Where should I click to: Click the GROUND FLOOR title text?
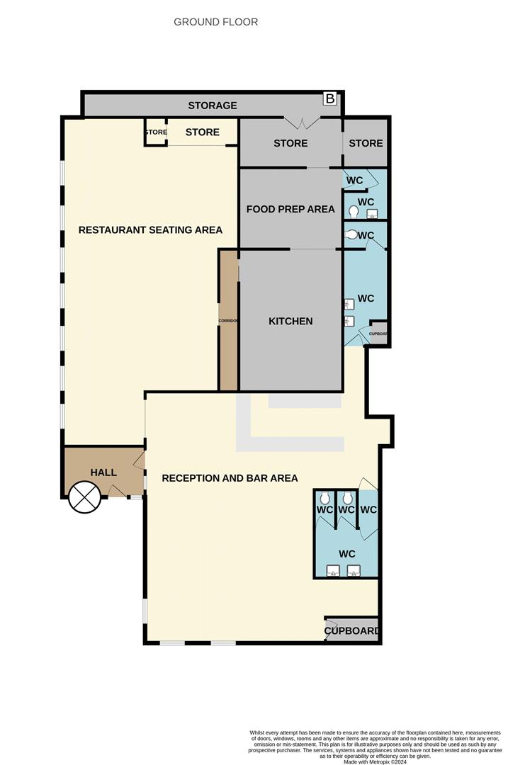[215, 22]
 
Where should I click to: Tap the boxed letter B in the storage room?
[329, 98]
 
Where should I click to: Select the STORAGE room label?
[212, 106]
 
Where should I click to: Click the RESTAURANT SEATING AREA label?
[150, 229]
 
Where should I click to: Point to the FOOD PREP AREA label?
[290, 209]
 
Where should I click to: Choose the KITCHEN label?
[290, 321]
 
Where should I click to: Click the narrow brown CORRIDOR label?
[228, 321]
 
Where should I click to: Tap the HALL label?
[103, 472]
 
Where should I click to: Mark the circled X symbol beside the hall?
[84, 497]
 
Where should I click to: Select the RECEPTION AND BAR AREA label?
[230, 478]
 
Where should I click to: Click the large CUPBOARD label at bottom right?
[352, 630]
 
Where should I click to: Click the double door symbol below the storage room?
[303, 123]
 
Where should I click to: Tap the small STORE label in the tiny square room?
[156, 132]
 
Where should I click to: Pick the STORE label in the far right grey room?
[366, 143]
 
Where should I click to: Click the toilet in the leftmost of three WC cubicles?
[325, 499]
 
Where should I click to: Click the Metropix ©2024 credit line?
[376, 761]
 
